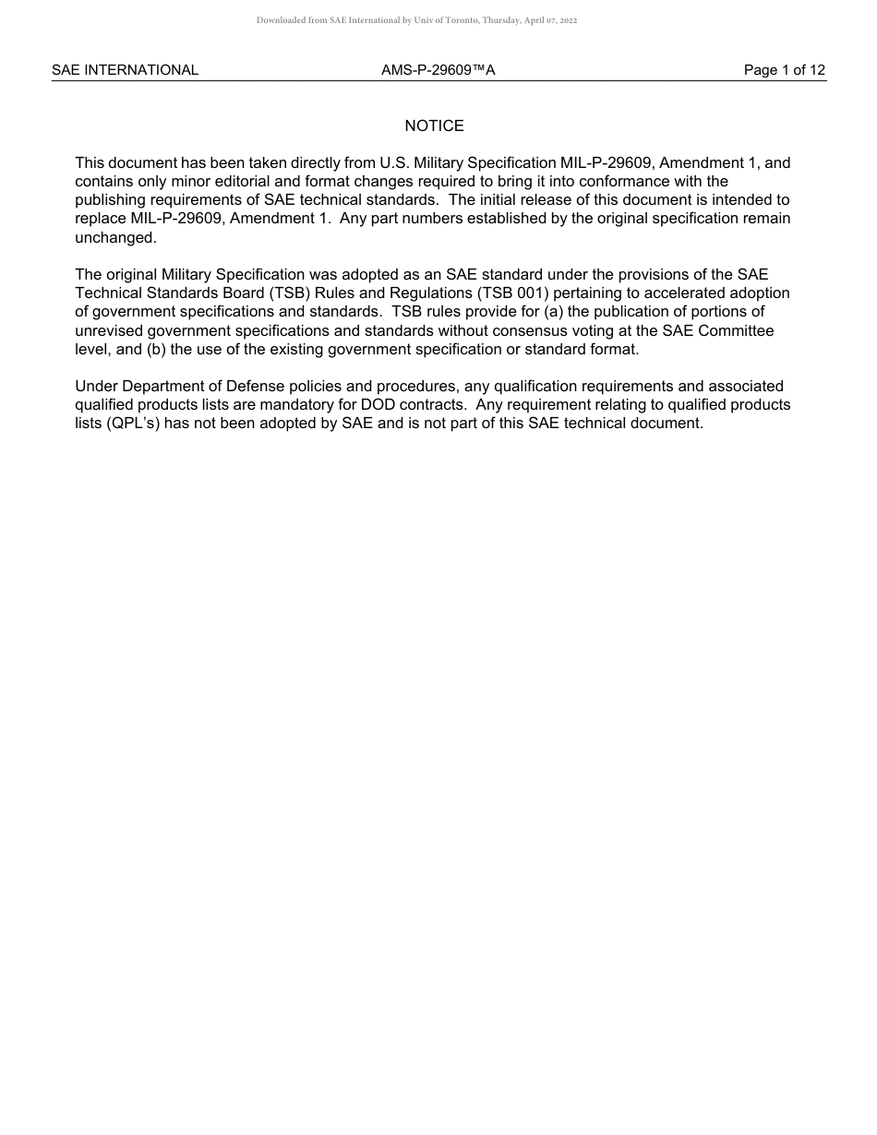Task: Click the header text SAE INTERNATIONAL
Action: pyautogui.click(x=125, y=70)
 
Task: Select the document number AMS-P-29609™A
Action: pyautogui.click(x=438, y=70)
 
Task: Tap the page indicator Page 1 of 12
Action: pyautogui.click(x=785, y=70)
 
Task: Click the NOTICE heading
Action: pyautogui.click(x=434, y=126)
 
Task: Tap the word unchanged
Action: pyautogui.click(x=114, y=237)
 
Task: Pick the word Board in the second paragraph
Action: pyautogui.click(x=236, y=293)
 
